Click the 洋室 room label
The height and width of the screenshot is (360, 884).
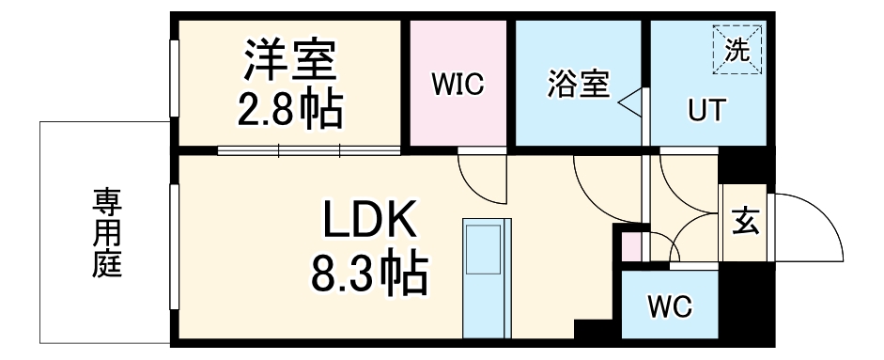pyautogui.click(x=290, y=62)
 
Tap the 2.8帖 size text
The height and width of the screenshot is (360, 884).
pyautogui.click(x=290, y=111)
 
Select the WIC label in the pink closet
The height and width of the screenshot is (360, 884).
pyautogui.click(x=458, y=85)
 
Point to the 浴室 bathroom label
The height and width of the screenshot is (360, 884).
pyautogui.click(x=578, y=86)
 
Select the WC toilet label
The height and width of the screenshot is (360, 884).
pyautogui.click(x=670, y=305)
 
